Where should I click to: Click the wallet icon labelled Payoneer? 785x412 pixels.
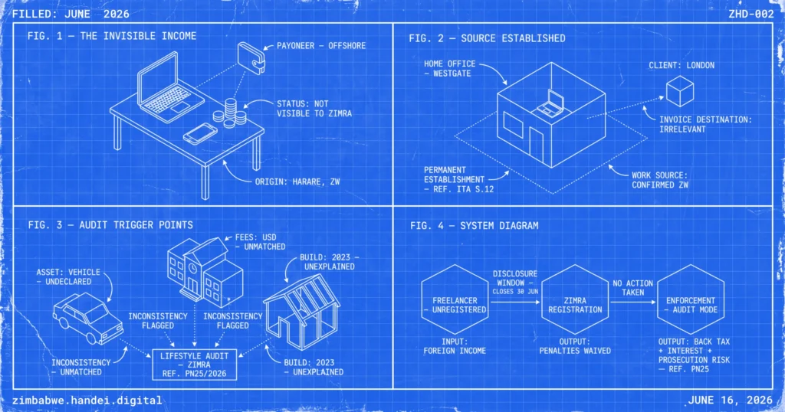[251, 58]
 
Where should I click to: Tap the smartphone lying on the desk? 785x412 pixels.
[200, 133]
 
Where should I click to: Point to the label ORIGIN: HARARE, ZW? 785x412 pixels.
[297, 181]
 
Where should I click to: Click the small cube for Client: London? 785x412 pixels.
[680, 91]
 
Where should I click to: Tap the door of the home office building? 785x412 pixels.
[536, 145]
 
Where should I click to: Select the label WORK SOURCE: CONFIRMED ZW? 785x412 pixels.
[660, 180]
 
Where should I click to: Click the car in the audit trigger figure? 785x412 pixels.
[88, 319]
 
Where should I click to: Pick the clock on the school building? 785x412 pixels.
[192, 269]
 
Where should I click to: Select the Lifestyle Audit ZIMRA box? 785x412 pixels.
[195, 365]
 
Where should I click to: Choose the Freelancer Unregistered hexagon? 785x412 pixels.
[455, 300]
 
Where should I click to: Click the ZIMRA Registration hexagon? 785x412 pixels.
[575, 300]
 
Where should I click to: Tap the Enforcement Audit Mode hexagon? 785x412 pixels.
[691, 300]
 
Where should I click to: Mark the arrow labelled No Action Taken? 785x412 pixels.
[632, 302]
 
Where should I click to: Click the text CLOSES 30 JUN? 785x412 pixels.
[515, 292]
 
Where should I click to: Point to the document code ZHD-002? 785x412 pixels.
[751, 14]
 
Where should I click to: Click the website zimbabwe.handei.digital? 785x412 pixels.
[87, 401]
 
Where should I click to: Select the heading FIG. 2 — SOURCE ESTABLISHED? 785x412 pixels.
[487, 38]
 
